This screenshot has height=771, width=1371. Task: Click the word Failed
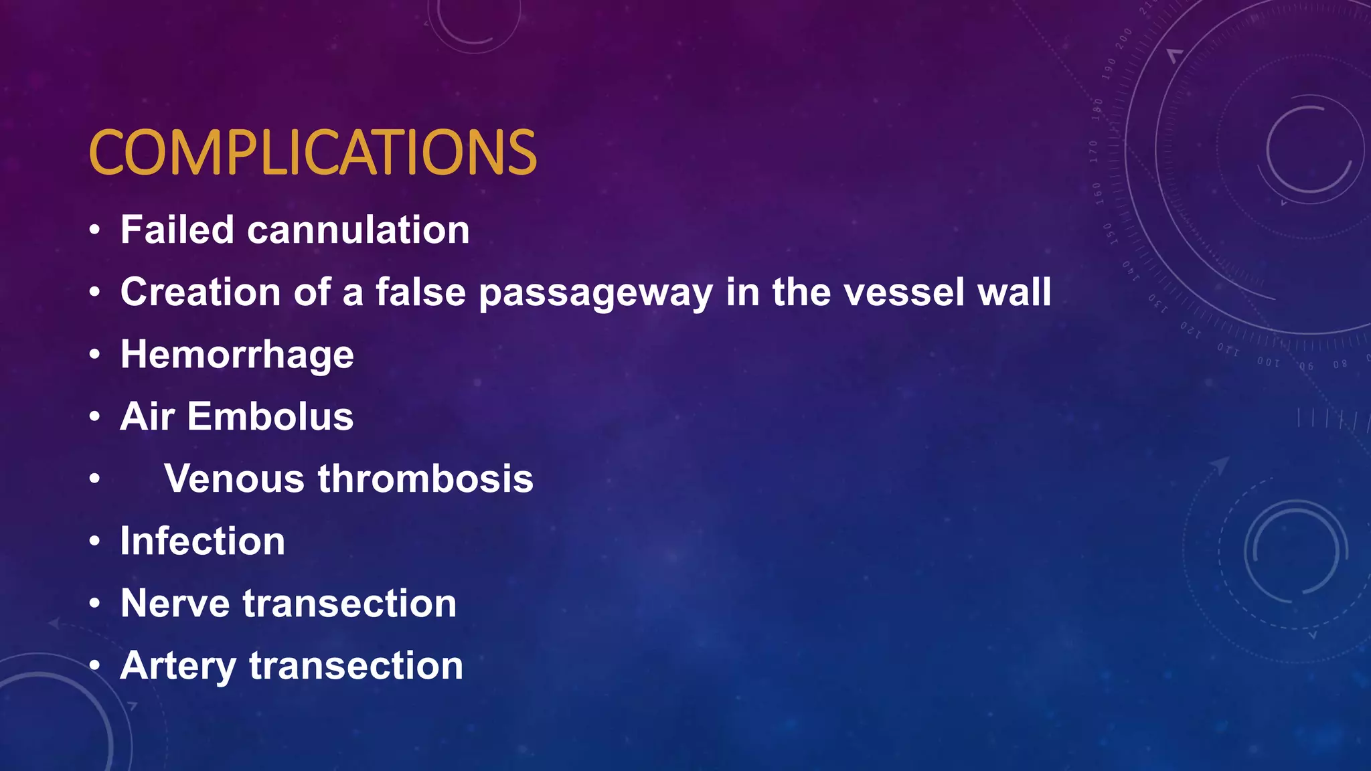point(177,230)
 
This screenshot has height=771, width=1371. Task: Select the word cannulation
point(358,230)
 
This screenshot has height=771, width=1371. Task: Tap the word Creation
point(200,292)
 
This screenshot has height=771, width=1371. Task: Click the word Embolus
point(270,416)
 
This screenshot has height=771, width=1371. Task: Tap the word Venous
point(234,479)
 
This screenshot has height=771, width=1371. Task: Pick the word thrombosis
point(425,479)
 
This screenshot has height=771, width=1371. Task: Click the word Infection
point(203,541)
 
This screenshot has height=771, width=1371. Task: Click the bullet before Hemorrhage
point(95,355)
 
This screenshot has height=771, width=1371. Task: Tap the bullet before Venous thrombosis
point(95,479)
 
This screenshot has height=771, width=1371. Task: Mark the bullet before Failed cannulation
point(95,230)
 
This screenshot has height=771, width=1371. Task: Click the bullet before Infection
point(95,541)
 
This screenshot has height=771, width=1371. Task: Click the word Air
point(147,416)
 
